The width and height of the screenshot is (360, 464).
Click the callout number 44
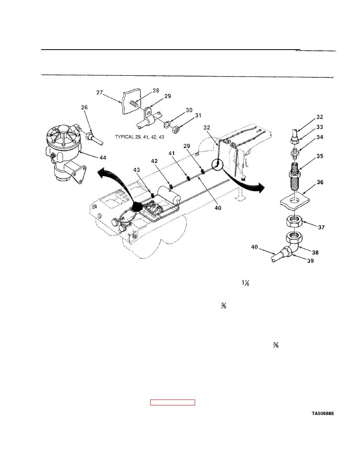103,158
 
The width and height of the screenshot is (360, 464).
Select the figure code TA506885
322,413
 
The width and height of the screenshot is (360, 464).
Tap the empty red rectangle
172,402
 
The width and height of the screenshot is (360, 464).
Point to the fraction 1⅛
245,283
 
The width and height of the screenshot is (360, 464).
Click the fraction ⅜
224,306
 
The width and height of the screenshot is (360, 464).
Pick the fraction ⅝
276,345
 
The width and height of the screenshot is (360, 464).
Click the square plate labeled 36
295,201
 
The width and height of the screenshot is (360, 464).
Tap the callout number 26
84,107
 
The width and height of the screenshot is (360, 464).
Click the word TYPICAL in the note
124,137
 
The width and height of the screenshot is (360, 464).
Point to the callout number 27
99,92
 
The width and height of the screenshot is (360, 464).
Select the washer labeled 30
167,123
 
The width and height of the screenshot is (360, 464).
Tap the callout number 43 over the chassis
136,170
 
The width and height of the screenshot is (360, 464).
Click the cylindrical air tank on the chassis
168,196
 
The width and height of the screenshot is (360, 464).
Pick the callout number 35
320,156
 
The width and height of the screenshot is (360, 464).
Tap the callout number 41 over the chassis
172,153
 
